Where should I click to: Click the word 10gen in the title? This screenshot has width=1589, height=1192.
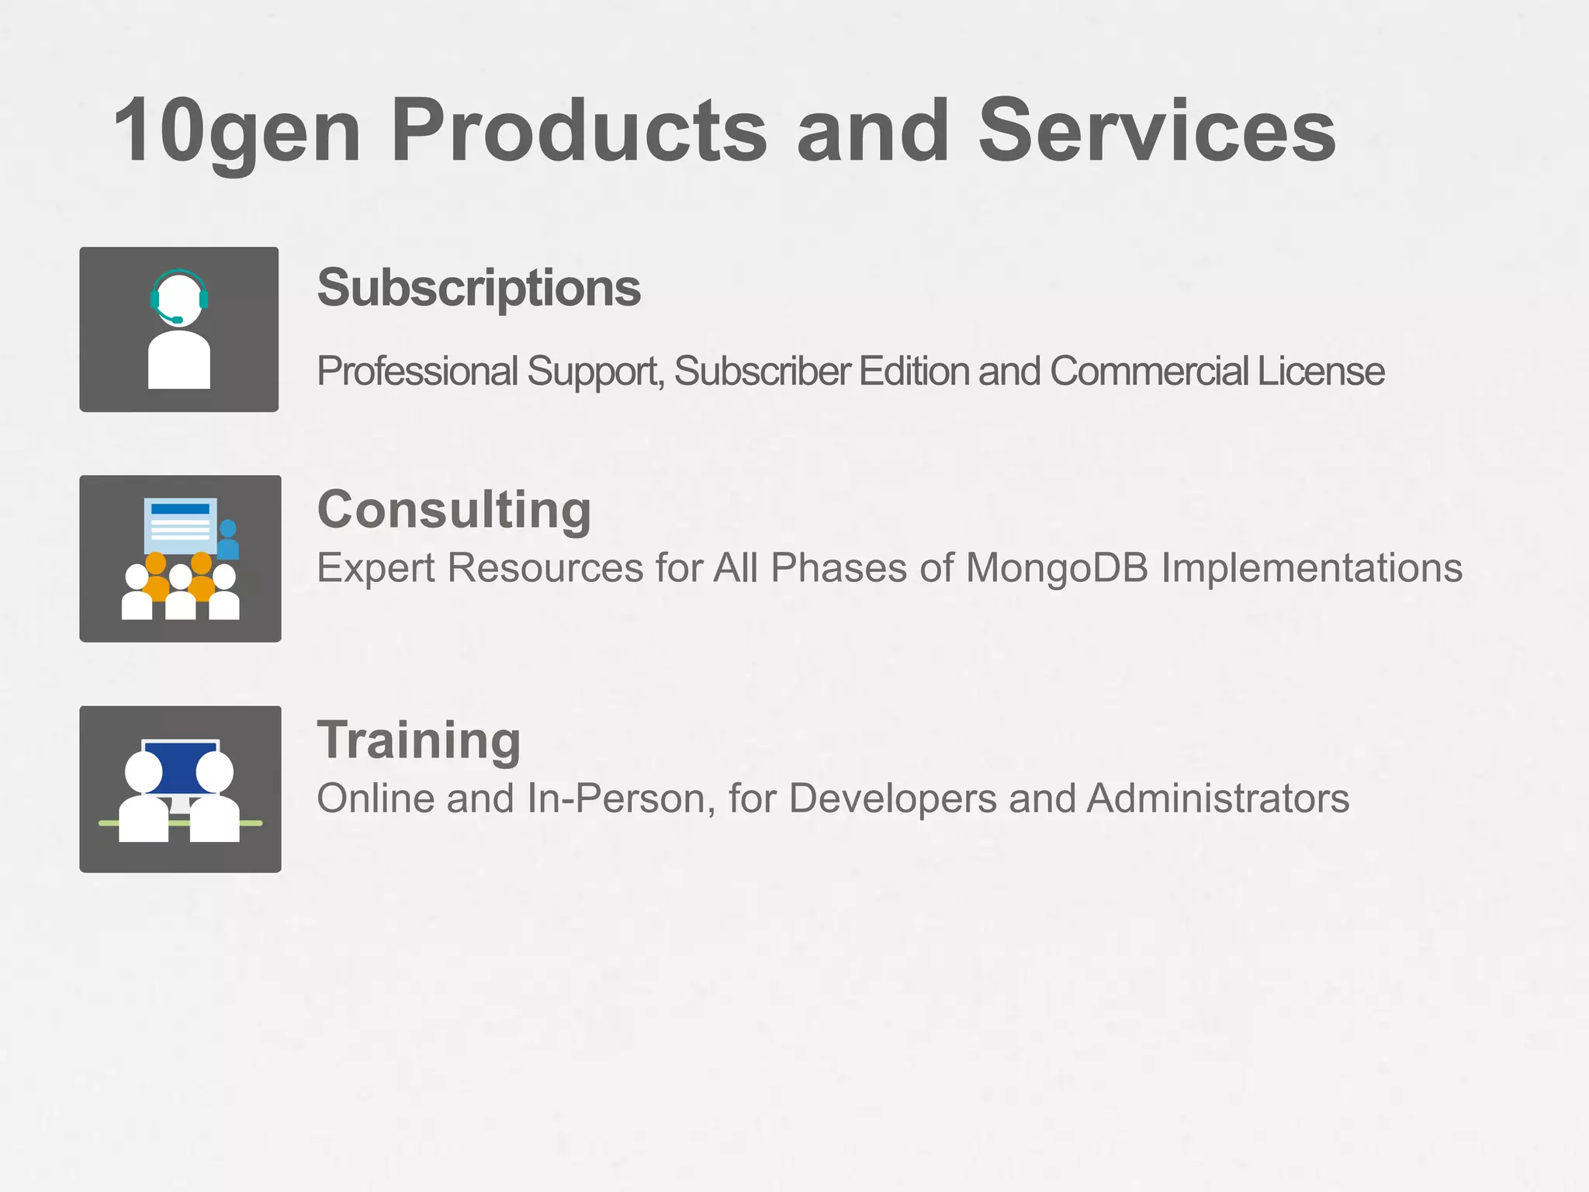coord(237,132)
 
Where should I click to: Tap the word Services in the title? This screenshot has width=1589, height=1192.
coord(1156,132)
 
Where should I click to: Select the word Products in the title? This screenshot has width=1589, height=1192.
coord(579,132)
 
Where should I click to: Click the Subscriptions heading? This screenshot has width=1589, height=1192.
coord(479,288)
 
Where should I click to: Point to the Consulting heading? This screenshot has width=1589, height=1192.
coord(454,510)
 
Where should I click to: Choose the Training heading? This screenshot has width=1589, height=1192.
coord(419,740)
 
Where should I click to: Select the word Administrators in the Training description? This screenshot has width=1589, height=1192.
coord(1218,798)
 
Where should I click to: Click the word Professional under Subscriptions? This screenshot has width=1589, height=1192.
coord(417,371)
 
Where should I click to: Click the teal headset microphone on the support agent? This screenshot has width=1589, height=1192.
coord(176,319)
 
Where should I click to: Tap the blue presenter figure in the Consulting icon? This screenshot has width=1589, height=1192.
coord(228,540)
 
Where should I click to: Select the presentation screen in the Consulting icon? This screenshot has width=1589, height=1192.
coord(180,525)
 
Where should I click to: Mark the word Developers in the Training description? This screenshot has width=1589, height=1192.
coord(892,798)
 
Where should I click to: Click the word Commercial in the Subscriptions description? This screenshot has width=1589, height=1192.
coord(1148,371)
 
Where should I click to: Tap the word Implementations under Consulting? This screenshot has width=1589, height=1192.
coord(1311,567)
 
